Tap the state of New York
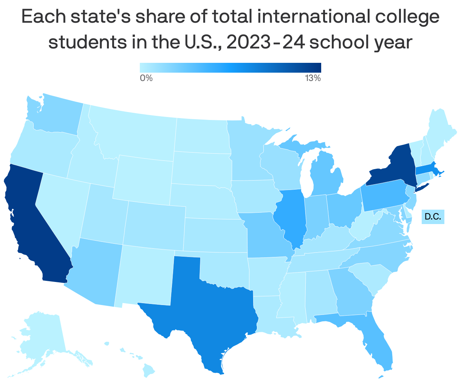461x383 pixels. (393, 167)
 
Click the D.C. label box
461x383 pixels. (433, 217)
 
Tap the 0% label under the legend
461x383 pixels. (146, 78)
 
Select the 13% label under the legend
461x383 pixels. (313, 78)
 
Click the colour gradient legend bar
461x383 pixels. (230, 67)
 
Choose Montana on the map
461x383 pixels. (132, 132)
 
